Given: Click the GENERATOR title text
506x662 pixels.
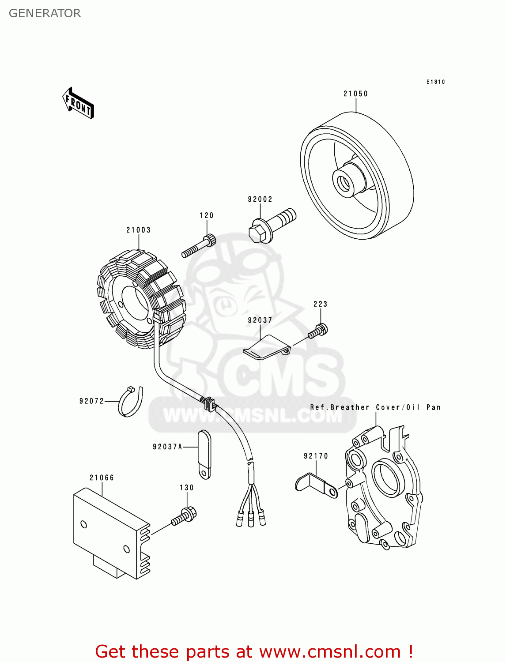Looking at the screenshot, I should click(45, 13).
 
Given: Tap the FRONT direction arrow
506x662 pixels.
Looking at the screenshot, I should click(78, 103).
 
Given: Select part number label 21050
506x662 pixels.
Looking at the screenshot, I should click(355, 94).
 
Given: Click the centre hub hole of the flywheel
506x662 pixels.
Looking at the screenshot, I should click(343, 181).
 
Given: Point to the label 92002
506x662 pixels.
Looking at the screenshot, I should click(260, 199).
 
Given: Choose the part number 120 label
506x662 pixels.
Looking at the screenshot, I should click(206, 215).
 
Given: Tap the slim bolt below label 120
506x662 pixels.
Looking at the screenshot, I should click(198, 247).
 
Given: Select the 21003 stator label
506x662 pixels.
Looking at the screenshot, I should click(138, 230).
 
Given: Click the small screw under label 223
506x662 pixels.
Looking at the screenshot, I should click(319, 331).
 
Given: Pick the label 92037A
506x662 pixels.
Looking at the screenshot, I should click(167, 447).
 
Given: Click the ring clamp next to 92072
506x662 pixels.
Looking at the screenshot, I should click(131, 402).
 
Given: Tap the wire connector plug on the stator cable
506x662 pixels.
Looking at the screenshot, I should click(208, 402).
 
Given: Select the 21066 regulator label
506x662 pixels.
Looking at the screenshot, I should click(102, 478).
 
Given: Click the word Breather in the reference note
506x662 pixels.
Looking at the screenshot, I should click(349, 407).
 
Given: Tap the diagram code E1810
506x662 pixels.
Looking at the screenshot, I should click(435, 82).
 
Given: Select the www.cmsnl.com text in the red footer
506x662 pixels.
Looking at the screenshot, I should click(329, 651).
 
